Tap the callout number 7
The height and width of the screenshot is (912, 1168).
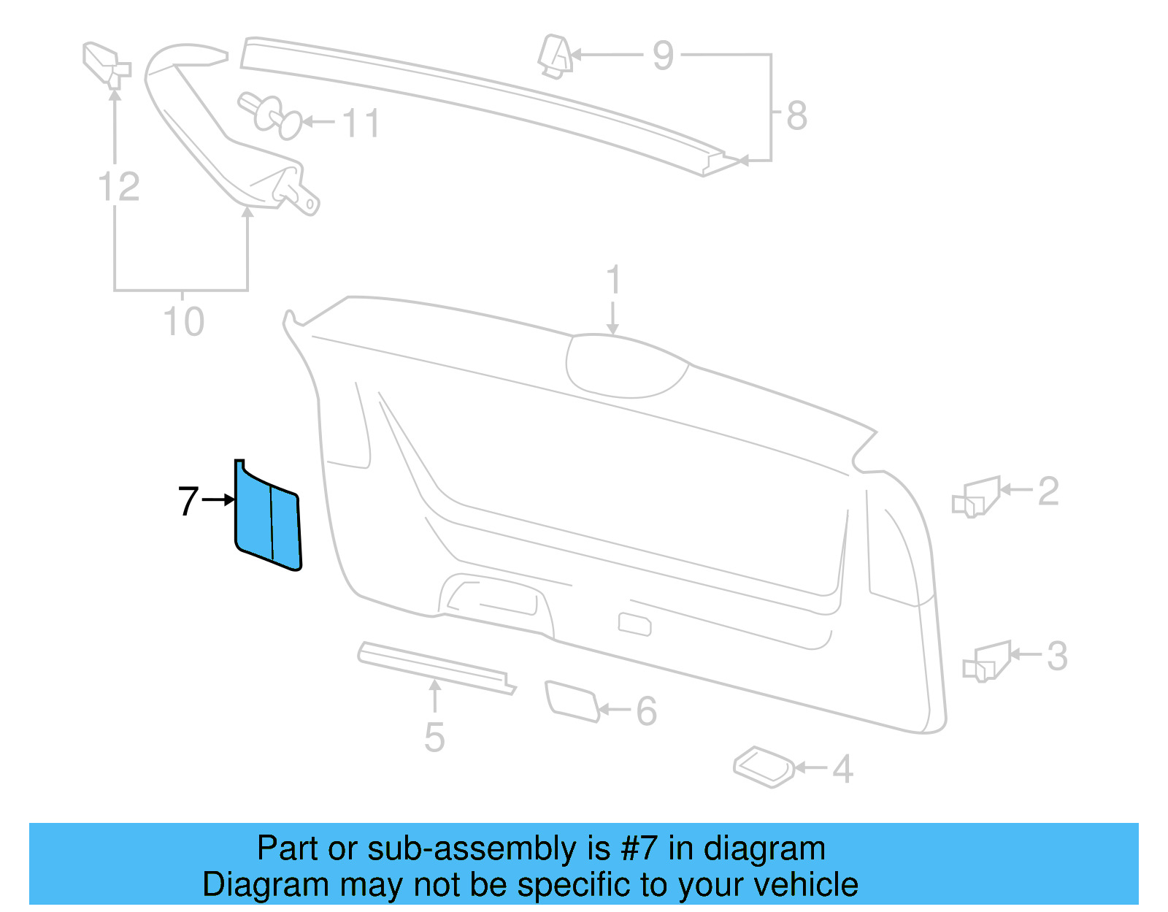click(x=188, y=501)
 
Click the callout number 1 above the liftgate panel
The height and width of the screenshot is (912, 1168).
click(x=613, y=280)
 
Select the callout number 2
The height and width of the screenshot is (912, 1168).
click(x=1048, y=491)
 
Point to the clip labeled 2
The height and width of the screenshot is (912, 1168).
click(x=977, y=497)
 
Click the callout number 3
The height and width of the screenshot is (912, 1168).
click(x=1057, y=656)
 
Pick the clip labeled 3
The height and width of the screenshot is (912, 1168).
click(x=988, y=662)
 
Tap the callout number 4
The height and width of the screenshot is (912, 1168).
click(x=843, y=769)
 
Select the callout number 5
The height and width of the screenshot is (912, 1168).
click(x=434, y=737)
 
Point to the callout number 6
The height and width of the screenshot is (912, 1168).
click(x=646, y=710)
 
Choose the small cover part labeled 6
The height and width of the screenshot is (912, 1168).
click(x=572, y=701)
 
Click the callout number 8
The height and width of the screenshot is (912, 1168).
click(x=796, y=115)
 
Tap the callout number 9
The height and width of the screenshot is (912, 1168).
click(x=663, y=55)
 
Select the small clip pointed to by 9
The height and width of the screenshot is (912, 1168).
click(x=555, y=55)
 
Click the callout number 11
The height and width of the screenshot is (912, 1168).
click(x=361, y=123)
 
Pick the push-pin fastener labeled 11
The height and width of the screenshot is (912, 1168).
click(x=269, y=115)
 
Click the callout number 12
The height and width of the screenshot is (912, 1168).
click(x=119, y=187)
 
